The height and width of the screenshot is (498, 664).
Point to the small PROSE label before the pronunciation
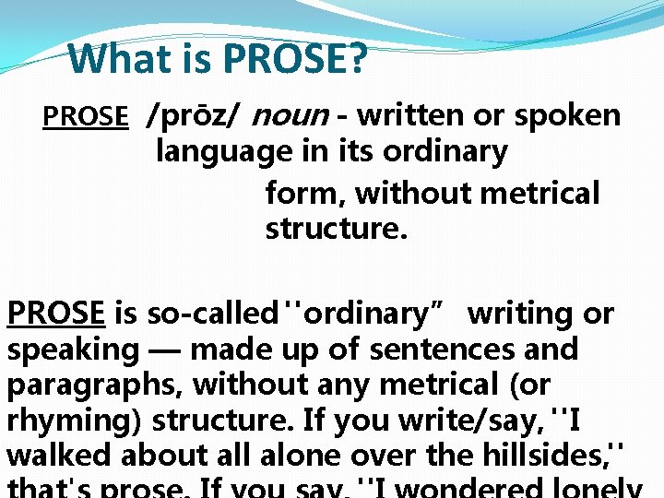coord(86,117)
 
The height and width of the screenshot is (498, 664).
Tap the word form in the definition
coord(302,193)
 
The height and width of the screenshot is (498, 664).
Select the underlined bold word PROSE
coord(55,314)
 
